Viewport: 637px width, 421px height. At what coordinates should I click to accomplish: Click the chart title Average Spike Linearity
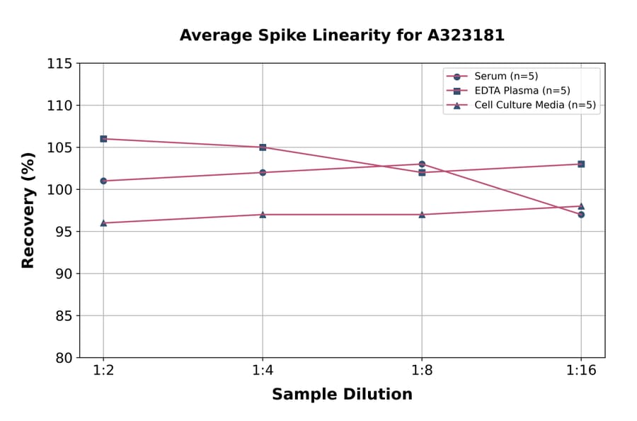click(x=342, y=35)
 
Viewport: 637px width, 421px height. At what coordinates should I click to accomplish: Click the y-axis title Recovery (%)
click(x=28, y=211)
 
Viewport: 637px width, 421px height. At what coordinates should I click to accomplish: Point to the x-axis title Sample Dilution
click(x=342, y=395)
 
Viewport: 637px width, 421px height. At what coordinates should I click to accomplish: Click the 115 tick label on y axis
click(x=59, y=64)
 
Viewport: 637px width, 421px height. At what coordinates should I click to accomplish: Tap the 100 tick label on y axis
click(x=59, y=190)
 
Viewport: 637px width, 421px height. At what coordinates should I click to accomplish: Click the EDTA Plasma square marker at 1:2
click(x=103, y=139)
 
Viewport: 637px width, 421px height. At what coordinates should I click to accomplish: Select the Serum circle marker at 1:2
click(x=103, y=181)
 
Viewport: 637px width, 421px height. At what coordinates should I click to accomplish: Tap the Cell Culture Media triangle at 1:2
click(x=103, y=223)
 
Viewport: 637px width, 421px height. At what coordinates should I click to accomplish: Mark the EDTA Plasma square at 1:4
click(x=263, y=147)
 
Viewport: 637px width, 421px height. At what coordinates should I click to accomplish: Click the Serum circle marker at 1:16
click(x=581, y=214)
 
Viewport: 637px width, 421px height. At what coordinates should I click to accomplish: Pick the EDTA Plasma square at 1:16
click(x=581, y=164)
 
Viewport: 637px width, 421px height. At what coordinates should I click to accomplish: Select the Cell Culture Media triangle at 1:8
click(x=422, y=214)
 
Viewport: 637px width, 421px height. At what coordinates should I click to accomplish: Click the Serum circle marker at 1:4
click(x=263, y=172)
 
